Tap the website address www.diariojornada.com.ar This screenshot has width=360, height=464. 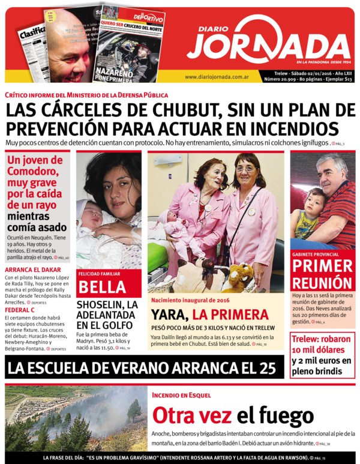pos(217,77)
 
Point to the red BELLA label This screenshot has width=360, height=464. pos(101,286)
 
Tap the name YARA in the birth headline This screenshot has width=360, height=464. pos(169,314)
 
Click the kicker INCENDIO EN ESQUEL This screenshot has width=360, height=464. pos(181,395)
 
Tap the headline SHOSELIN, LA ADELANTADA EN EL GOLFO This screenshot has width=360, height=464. pos(107,315)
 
